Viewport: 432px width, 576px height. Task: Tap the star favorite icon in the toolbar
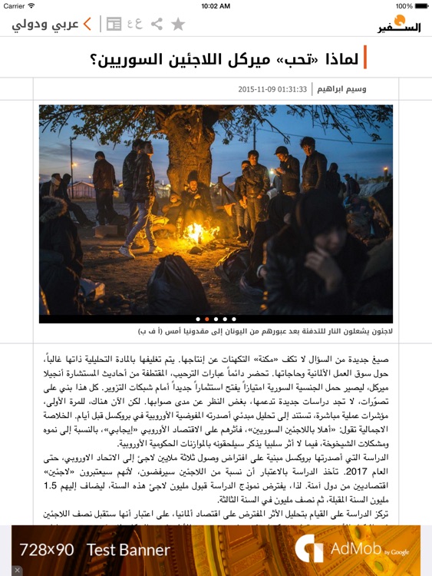pos(178,24)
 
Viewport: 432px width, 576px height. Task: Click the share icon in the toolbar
pos(157,24)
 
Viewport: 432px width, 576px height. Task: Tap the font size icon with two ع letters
pos(135,24)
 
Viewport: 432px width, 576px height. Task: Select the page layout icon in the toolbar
pos(114,24)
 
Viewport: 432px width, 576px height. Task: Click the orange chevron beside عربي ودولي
pos(87,24)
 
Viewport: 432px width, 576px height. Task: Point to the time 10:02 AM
pos(216,5)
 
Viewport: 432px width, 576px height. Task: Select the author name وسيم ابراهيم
pos(341,89)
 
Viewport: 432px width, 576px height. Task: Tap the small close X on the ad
pos(17,570)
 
